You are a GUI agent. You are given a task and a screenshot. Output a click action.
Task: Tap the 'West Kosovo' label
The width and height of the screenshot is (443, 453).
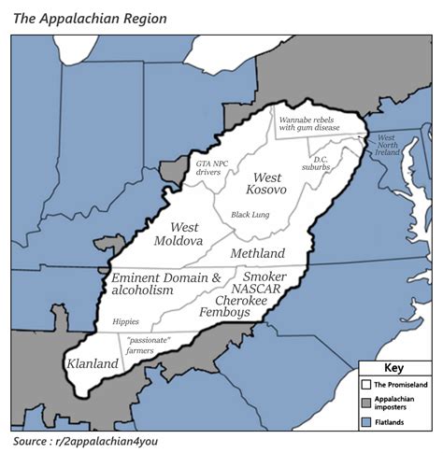[x=266, y=183]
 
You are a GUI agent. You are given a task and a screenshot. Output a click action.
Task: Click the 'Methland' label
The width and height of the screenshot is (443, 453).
[x=258, y=253]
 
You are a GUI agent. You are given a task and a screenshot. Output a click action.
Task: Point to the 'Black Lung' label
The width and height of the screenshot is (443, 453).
[x=250, y=215]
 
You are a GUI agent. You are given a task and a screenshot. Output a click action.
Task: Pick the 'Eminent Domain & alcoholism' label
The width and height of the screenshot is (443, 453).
[x=164, y=284]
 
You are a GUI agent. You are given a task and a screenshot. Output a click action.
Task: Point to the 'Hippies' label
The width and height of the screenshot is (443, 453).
[x=125, y=320]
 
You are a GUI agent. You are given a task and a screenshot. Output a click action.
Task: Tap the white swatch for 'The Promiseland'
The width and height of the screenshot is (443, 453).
[x=367, y=384]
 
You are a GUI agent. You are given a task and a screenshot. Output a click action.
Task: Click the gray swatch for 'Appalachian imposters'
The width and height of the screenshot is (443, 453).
[x=367, y=403]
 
